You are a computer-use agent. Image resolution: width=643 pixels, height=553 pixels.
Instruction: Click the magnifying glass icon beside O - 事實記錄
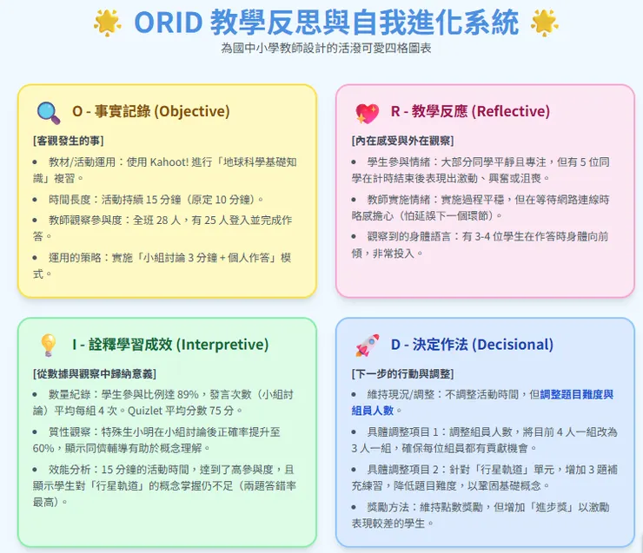pos(48,112)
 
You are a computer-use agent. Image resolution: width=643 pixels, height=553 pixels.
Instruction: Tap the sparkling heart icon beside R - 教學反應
pos(367,112)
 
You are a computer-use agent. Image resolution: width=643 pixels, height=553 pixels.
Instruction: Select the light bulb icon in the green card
pos(48,345)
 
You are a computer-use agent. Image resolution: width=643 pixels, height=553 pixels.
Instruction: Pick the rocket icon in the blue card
pos(367,346)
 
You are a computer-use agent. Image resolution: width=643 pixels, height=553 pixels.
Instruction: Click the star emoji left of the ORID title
pos(108,22)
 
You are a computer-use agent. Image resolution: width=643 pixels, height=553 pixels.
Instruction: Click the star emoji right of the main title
pos(544,22)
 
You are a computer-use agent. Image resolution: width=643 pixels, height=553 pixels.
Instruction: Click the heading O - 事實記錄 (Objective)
pos(150,112)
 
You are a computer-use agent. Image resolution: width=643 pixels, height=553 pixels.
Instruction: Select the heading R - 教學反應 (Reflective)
pos(470,112)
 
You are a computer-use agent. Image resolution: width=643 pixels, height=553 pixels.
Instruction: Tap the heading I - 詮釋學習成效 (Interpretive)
pos(170,345)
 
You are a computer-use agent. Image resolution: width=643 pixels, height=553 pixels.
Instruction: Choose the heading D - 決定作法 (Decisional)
pos(472,345)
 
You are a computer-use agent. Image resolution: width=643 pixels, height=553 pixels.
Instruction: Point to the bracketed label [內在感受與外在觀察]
pos(402,140)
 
